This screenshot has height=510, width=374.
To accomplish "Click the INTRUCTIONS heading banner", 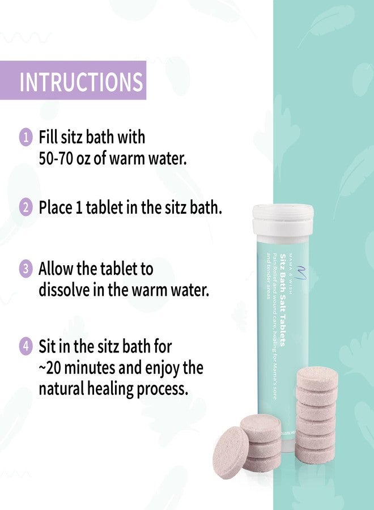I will [82, 81].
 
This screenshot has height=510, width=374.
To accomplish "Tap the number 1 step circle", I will [25, 137].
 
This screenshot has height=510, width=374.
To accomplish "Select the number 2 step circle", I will [25, 207].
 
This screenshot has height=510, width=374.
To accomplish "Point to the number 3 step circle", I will [25, 269].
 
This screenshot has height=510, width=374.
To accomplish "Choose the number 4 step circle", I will [25, 345].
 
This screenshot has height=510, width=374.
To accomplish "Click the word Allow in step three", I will [57, 268].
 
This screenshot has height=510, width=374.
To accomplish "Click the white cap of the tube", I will [283, 214].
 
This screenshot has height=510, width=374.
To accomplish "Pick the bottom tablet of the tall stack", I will [316, 454].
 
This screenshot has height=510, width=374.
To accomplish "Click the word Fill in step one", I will [49, 137].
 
